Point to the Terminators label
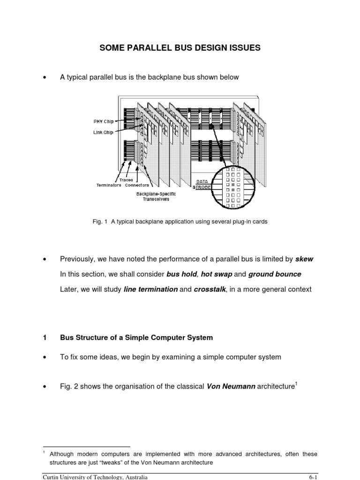109,185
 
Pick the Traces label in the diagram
126,180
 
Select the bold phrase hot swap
216,274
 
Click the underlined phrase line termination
150,290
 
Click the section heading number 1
44,337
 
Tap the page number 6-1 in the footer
312,477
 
